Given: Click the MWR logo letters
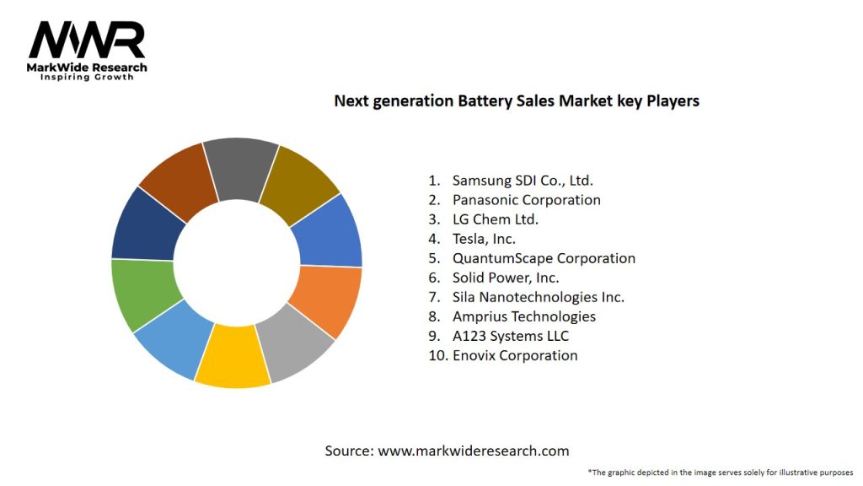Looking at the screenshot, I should coord(87,40).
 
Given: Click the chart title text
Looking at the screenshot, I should coord(517,100).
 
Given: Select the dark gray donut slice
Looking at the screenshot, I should coord(239,168).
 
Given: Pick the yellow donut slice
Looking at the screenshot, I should coord(233,358).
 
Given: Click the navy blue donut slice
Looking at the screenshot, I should coord(147,225).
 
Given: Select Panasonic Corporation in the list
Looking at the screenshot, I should coord(526,200).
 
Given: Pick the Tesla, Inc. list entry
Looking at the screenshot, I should coord(484,239).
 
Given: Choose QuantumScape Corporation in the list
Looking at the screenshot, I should coord(544,258).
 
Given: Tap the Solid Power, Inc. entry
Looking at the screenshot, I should coord(506,278).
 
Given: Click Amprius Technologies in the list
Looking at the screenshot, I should coord(523,316).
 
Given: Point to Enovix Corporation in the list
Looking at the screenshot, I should coord(515,355).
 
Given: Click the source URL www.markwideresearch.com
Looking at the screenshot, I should coord(473,451).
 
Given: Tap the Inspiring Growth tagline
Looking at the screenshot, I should coord(87,77).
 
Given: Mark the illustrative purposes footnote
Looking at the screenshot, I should coord(721,472).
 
